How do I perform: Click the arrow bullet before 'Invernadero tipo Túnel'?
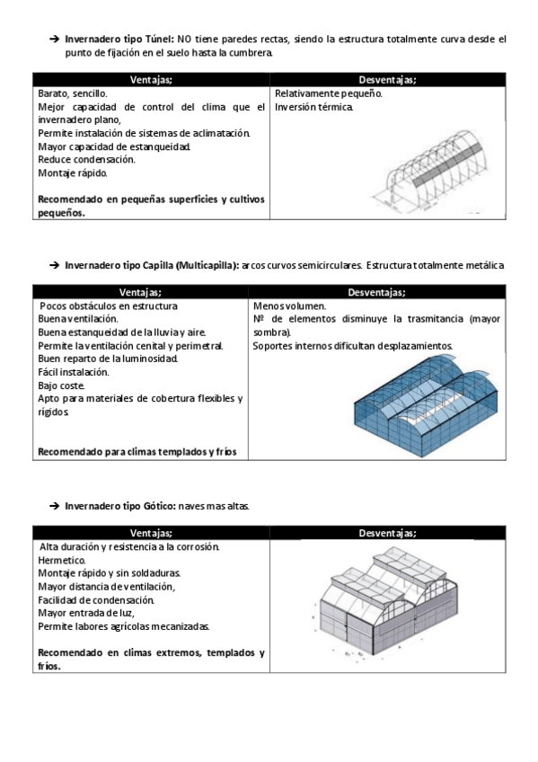coord(54,39)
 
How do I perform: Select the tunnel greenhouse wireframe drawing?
coord(429,171)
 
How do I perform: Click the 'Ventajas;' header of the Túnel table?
coord(151,80)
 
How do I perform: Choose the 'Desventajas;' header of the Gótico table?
coord(387,533)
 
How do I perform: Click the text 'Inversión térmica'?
coord(313,107)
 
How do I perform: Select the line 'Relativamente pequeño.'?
coord(328,93)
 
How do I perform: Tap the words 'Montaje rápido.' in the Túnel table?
coord(73,173)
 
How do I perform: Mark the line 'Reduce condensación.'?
coord(86,159)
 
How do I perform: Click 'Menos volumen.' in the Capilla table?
coord(289,306)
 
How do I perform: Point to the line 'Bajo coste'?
coord(61,385)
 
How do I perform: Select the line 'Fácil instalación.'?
coord(74,372)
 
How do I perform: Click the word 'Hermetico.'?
coord(62,561)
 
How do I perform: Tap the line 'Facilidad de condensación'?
coord(96,600)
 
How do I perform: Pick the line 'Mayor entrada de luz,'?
coord(86,614)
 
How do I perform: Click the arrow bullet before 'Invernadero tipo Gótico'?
coord(54,506)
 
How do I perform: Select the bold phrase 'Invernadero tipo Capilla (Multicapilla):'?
coord(152,265)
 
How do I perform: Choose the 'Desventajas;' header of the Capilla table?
coord(377,293)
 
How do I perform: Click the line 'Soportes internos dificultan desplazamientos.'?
coord(353,346)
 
